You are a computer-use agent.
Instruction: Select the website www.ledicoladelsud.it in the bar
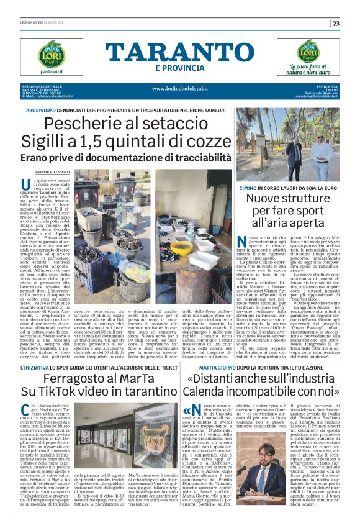tap(181, 88)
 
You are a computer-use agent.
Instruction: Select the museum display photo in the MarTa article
tap(94, 434)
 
